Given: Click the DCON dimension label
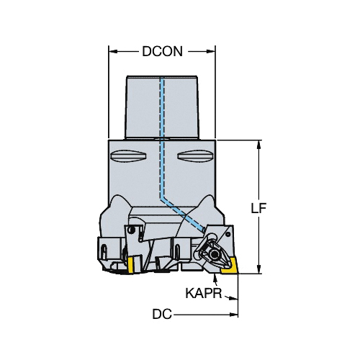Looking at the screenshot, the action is [163, 51].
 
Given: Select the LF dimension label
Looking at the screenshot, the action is [258, 208].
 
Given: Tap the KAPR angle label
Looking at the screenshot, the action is [204, 293].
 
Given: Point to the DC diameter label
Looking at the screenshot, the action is [162, 314].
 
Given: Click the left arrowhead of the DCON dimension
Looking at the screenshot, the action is [113, 51].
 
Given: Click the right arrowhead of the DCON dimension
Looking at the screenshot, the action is [210, 51].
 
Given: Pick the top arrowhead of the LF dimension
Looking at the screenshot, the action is [258, 145].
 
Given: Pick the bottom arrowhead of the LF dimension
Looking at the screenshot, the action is [258, 269].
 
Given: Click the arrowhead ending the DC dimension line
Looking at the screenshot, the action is [233, 315].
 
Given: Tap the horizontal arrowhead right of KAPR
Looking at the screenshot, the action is [233, 298].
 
